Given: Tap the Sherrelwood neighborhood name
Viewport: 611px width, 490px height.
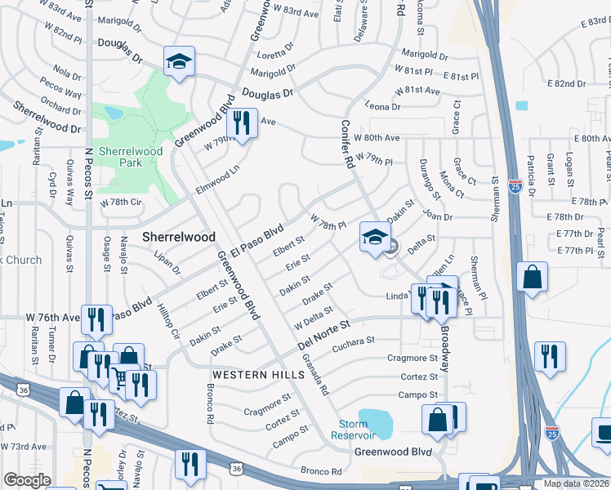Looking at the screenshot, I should pyautogui.click(x=179, y=237).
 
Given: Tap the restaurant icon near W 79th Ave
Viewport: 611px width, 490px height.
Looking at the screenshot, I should pyautogui.click(x=241, y=122).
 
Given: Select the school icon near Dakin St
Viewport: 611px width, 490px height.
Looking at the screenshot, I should pyautogui.click(x=374, y=238).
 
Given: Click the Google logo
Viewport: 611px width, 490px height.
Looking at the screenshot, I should pyautogui.click(x=27, y=480).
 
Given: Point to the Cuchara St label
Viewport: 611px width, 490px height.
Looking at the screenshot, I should pyautogui.click(x=353, y=341).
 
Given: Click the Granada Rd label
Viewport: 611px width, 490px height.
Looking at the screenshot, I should pyautogui.click(x=314, y=380).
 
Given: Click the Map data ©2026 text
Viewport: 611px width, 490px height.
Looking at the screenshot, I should pyautogui.click(x=575, y=483).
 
